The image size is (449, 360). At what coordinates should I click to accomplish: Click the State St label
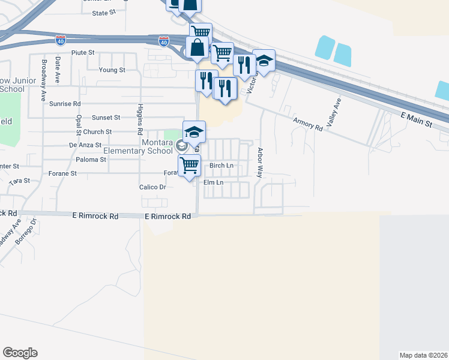click(x=103, y=13)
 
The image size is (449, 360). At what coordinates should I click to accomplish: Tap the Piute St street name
click(x=83, y=53)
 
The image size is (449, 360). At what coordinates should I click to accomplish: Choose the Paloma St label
click(x=92, y=160)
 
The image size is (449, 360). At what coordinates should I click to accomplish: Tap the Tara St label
click(x=20, y=180)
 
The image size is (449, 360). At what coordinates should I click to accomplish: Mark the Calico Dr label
click(x=152, y=187)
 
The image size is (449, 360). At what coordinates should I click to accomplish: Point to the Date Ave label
click(x=58, y=70)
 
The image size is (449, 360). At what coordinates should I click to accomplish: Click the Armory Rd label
click(x=308, y=122)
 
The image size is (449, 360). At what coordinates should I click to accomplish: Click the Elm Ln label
click(x=213, y=182)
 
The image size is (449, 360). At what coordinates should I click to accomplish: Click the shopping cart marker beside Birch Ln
click(x=190, y=165)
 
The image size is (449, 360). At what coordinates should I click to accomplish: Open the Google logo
click(x=20, y=353)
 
